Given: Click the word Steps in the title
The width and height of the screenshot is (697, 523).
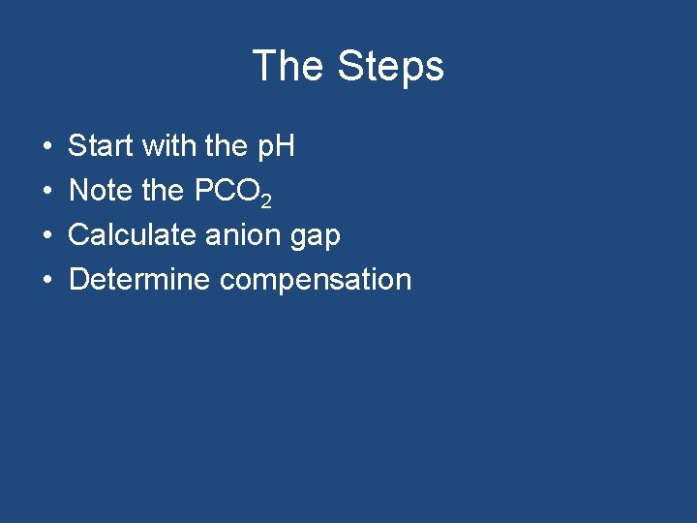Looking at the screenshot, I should click(390, 67).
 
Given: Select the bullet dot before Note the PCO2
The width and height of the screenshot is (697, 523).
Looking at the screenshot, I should click(47, 192).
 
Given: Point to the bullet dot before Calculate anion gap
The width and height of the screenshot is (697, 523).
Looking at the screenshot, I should click(47, 236).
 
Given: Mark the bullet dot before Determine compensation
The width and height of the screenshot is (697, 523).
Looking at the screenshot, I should click(47, 281).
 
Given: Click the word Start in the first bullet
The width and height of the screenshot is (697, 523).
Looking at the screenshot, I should click(101, 147).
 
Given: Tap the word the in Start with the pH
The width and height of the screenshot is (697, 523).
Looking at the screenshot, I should click(227, 147).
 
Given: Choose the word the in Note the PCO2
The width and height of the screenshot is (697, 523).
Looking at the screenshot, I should click(163, 191).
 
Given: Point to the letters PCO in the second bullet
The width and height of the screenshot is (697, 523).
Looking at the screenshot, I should click(227, 191).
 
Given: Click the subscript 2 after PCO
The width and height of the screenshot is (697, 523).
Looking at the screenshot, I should click(266, 200).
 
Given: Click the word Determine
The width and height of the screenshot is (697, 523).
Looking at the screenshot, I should click(139, 280).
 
